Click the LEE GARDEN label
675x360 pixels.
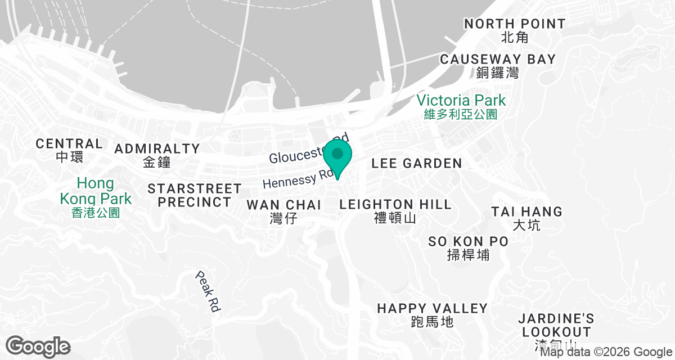[417, 164]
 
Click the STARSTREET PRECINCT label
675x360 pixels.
[194, 195]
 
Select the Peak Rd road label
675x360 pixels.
[208, 291]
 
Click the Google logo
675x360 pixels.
[38, 346]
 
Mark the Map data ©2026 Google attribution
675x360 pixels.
[606, 352]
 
